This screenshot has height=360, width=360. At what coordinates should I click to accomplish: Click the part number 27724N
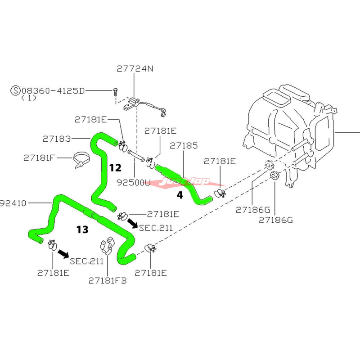(x=135, y=69)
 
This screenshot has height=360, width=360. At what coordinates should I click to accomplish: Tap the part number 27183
(x=56, y=139)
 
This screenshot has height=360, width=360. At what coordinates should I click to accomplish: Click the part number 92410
(x=13, y=203)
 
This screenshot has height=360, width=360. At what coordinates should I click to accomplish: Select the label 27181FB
(x=107, y=280)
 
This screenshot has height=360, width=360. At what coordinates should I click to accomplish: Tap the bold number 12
(x=115, y=168)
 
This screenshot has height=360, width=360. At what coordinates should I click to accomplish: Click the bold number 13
(x=82, y=230)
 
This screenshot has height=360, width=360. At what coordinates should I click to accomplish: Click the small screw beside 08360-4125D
(x=116, y=93)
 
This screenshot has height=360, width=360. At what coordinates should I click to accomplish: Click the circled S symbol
(x=16, y=90)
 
